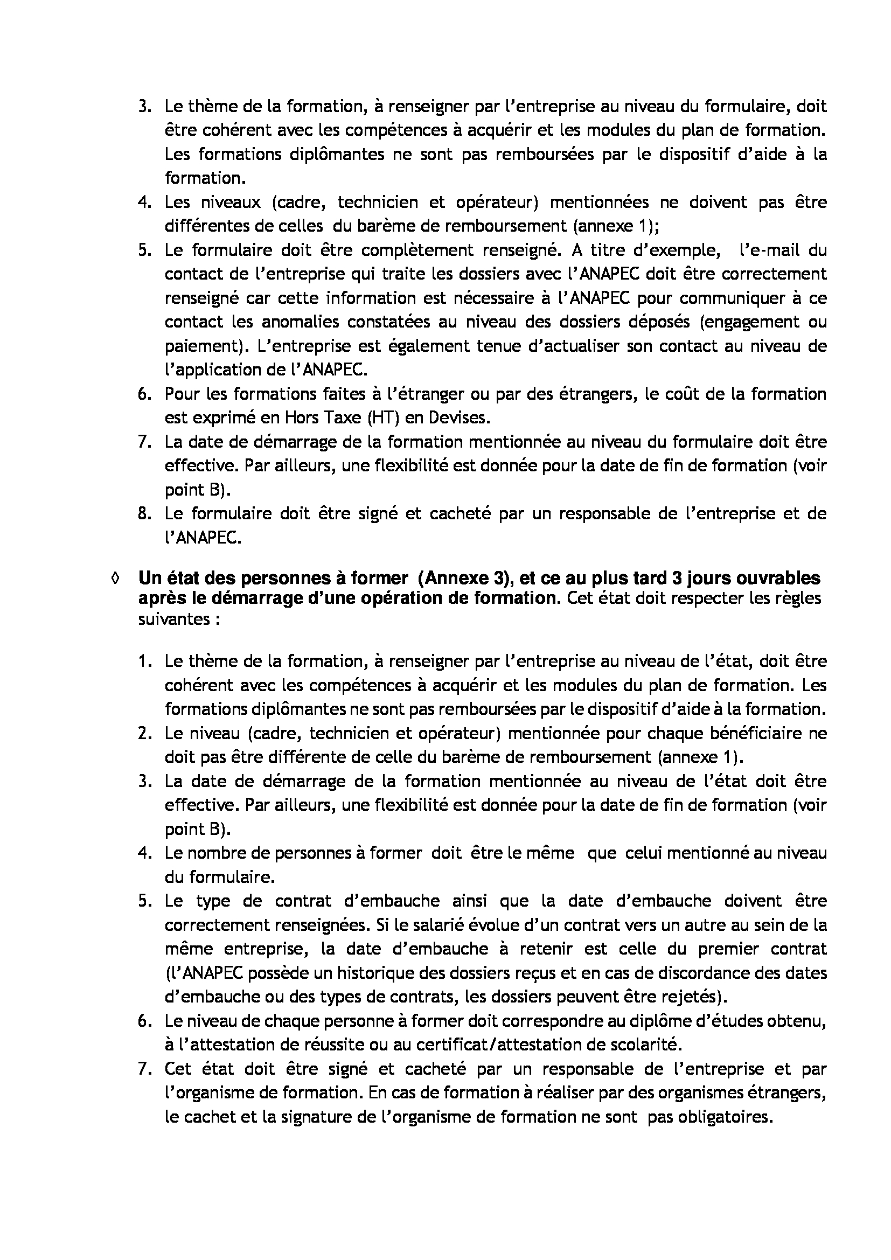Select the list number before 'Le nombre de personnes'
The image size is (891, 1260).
pos(144,853)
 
